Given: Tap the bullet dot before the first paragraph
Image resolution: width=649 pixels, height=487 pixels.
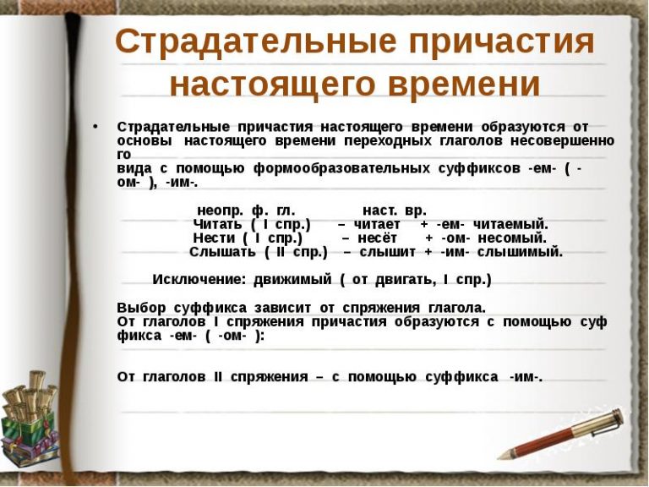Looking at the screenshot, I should (x=95, y=126).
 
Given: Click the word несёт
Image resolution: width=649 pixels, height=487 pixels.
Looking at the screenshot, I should (x=378, y=238).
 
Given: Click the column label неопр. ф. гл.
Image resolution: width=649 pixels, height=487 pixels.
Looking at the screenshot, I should (x=246, y=210).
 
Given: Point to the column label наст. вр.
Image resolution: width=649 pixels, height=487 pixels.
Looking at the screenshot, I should (x=395, y=210).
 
